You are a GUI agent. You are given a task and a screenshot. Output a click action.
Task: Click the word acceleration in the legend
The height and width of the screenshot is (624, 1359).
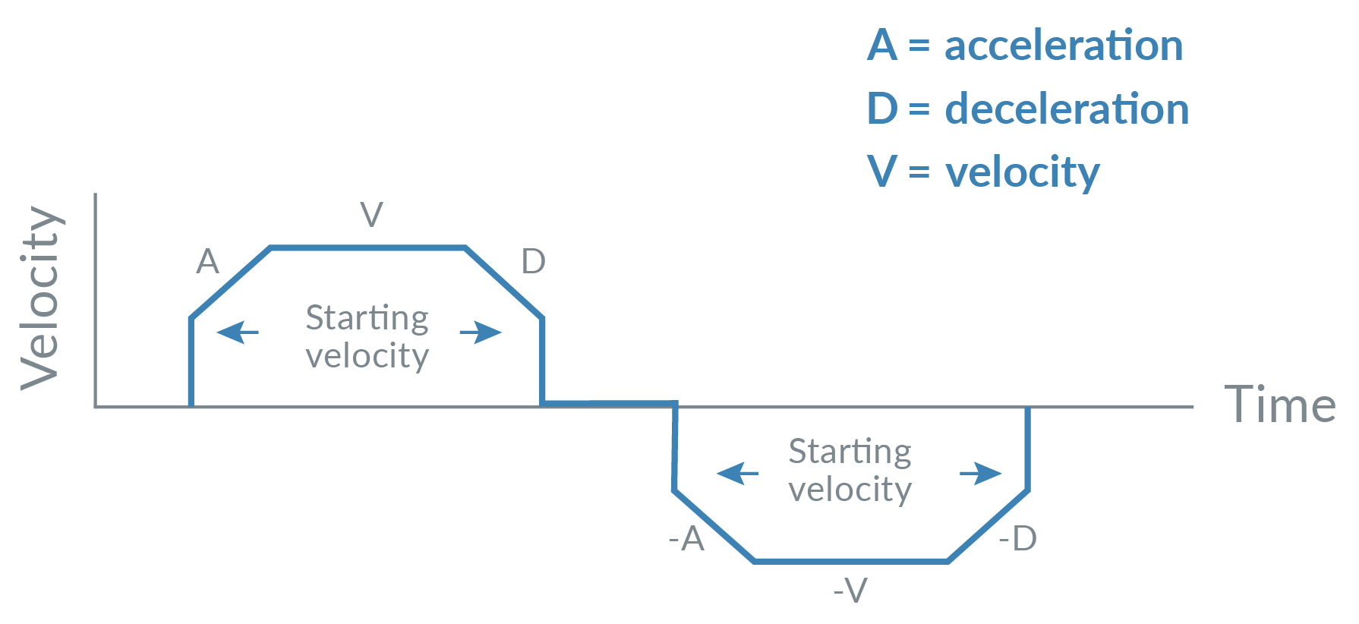pyautogui.click(x=1063, y=46)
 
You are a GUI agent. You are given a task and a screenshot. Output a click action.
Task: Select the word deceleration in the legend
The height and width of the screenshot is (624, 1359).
pyautogui.click(x=1066, y=109)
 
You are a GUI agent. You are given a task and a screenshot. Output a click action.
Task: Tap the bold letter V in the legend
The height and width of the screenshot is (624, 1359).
pyautogui.click(x=882, y=172)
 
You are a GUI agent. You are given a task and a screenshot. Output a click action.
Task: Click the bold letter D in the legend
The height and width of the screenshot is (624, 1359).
pyautogui.click(x=882, y=109)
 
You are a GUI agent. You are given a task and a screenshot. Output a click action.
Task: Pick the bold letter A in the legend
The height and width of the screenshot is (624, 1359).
pyautogui.click(x=882, y=46)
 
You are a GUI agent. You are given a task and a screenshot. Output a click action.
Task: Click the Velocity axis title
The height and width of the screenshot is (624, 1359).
pyautogui.click(x=41, y=298)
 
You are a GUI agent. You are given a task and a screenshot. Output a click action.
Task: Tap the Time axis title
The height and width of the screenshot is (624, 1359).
pyautogui.click(x=1280, y=405)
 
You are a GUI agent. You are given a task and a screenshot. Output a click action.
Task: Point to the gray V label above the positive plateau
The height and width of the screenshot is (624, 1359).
pyautogui.click(x=371, y=215)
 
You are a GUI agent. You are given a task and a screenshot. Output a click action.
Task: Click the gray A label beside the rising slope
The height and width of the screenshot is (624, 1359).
pyautogui.click(x=207, y=263)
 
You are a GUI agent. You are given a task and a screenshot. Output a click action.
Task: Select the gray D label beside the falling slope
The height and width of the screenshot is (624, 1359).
pyautogui.click(x=533, y=263)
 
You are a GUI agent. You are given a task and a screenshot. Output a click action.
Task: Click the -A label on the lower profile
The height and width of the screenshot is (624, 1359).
pyautogui.click(x=687, y=539)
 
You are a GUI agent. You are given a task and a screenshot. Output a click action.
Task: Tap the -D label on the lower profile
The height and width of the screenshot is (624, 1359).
pyautogui.click(x=1017, y=539)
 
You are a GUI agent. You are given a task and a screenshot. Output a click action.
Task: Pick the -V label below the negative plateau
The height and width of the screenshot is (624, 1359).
pyautogui.click(x=850, y=591)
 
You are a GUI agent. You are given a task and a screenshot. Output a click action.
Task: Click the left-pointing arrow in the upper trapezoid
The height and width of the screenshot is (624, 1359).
pyautogui.click(x=238, y=332)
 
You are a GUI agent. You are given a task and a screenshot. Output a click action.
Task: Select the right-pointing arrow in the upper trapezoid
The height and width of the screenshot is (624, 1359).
pyautogui.click(x=481, y=332)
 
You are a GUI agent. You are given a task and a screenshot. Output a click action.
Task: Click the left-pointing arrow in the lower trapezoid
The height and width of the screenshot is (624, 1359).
pyautogui.click(x=737, y=473)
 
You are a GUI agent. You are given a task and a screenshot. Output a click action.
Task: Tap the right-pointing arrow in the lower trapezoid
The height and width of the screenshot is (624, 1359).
pyautogui.click(x=980, y=473)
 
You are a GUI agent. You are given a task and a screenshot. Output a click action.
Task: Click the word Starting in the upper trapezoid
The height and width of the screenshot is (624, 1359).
pyautogui.click(x=367, y=318)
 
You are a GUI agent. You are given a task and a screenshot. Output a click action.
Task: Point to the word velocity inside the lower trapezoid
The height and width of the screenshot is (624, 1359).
pyautogui.click(x=850, y=490)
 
